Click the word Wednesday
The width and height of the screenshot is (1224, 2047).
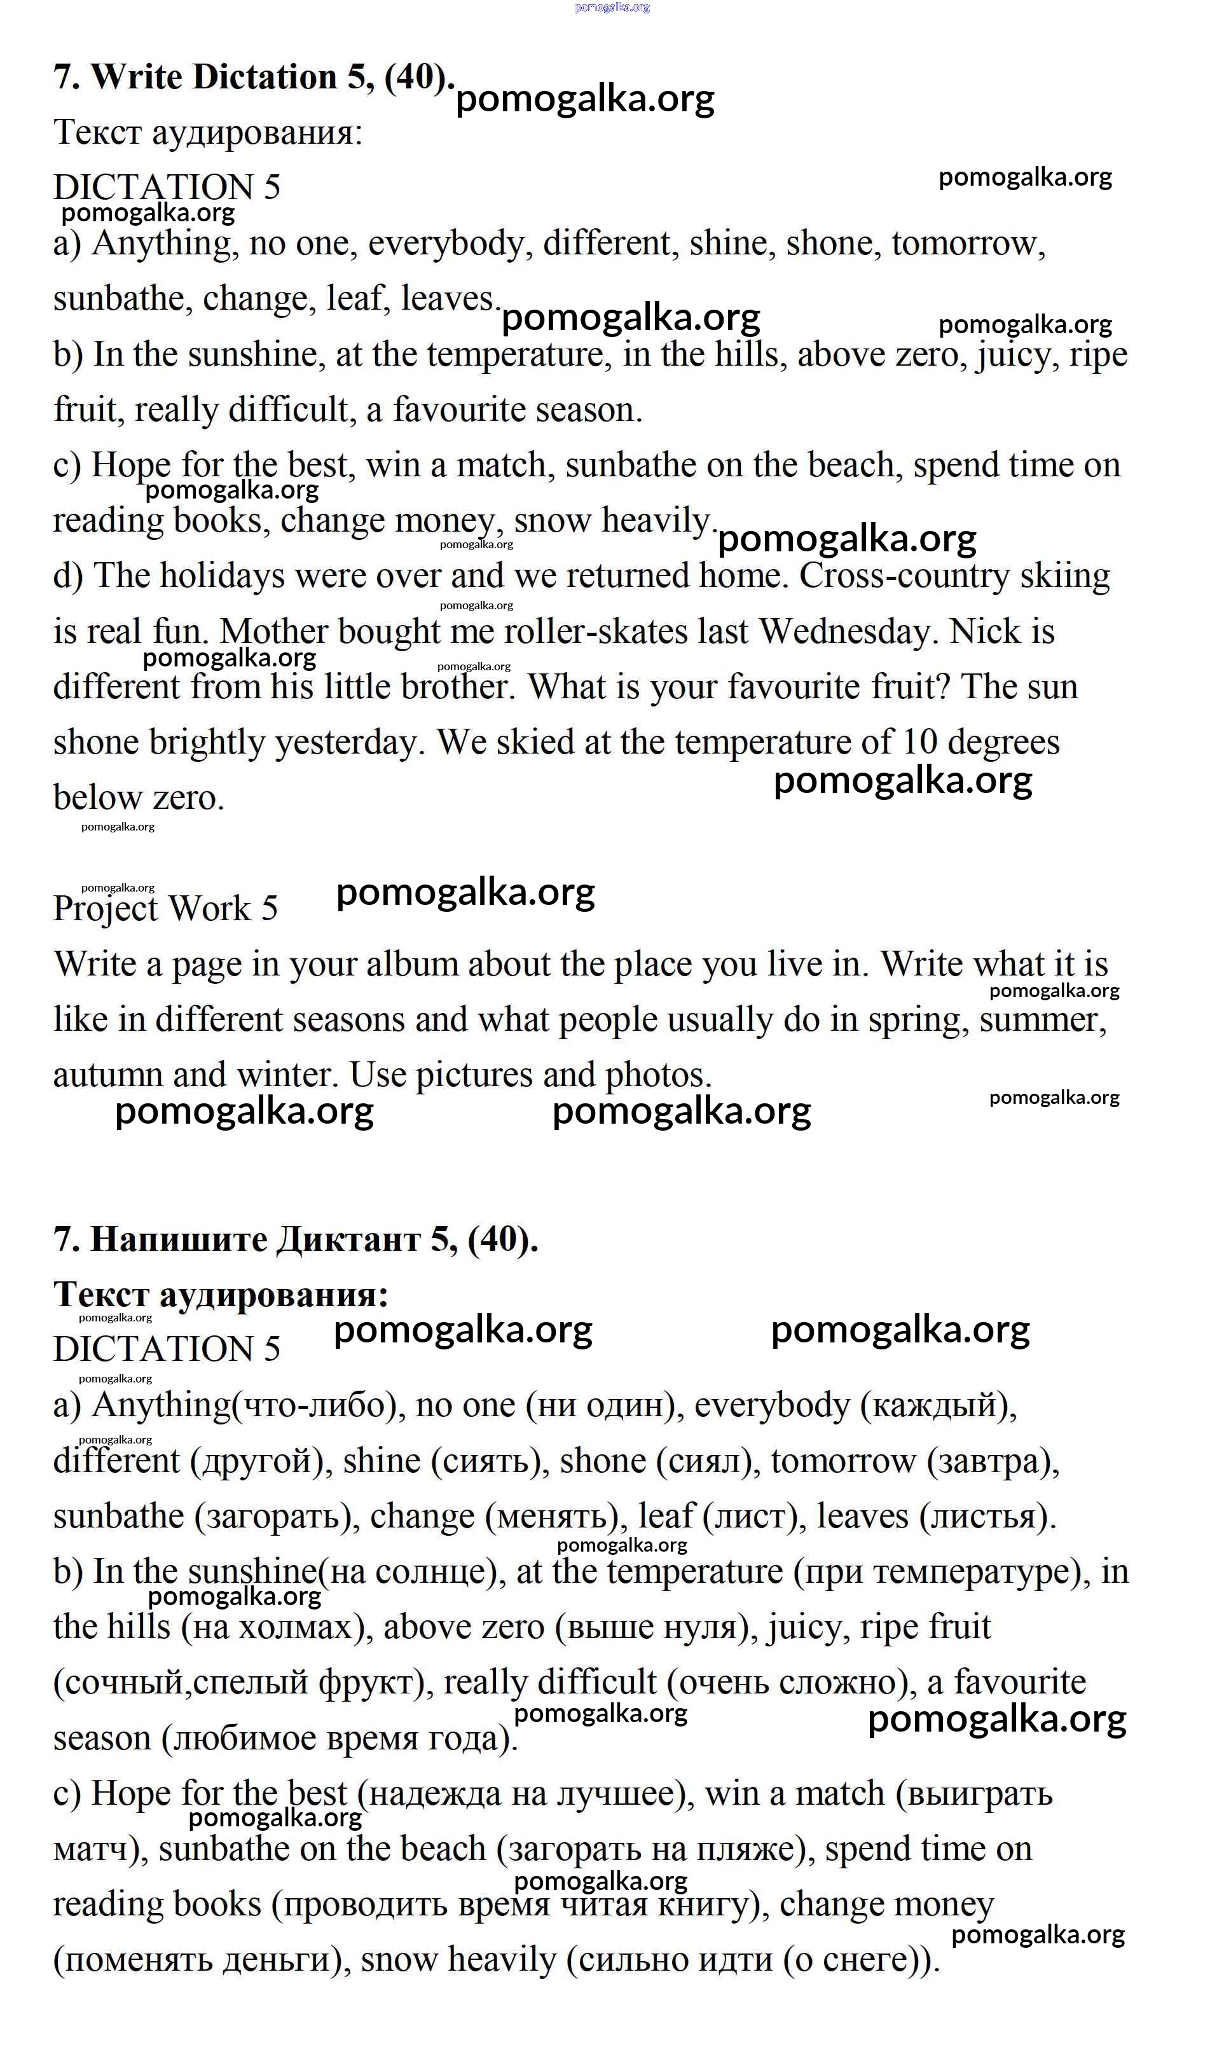coord(849,633)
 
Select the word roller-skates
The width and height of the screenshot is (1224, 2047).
coord(595,633)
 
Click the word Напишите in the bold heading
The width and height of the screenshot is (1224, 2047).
coord(178,1239)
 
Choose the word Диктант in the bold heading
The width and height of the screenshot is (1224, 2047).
coord(348,1239)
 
